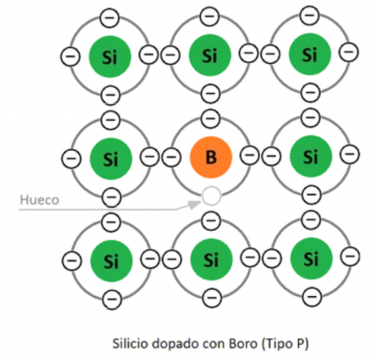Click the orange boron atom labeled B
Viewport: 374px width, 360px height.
tap(211, 157)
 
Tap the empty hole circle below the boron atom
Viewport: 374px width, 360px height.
tap(211, 196)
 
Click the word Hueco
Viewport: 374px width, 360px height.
tap(40, 200)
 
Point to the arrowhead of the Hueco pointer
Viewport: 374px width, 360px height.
tap(195, 204)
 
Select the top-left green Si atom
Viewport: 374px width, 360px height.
tap(109, 57)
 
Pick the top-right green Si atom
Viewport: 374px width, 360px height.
tap(309, 55)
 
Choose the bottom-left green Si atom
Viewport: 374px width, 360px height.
tap(111, 261)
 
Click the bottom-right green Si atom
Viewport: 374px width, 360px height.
tap(311, 259)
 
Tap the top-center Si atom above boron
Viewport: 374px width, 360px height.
tap(210, 55)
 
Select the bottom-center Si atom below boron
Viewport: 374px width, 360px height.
tap(211, 260)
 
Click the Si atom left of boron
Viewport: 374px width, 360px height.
tap(111, 159)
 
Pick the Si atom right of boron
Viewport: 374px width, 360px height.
tap(310, 156)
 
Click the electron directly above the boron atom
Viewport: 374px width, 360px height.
tap(211, 118)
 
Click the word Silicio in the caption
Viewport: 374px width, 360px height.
tap(130, 343)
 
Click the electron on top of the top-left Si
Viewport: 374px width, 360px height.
tap(109, 17)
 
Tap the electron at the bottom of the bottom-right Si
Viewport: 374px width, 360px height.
tap(312, 296)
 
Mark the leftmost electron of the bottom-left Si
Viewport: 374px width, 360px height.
tap(72, 261)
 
